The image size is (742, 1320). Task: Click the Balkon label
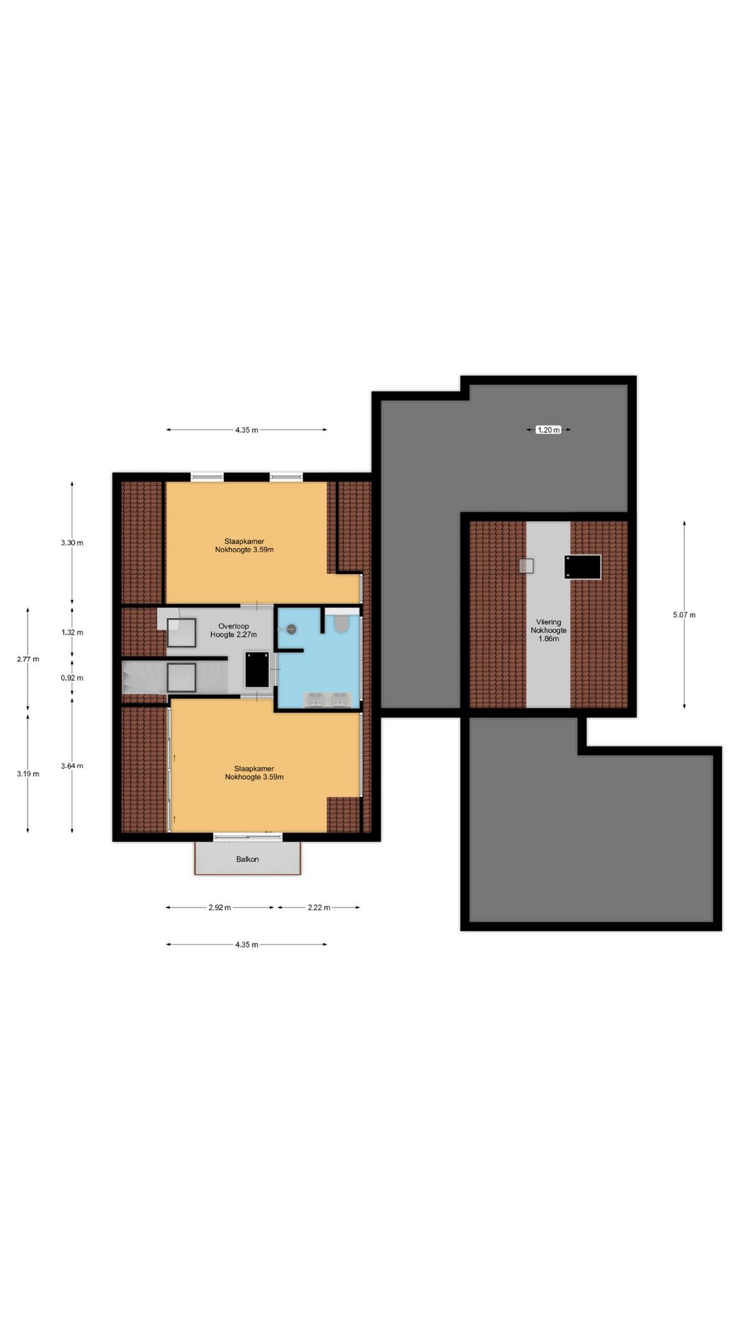coord(247,859)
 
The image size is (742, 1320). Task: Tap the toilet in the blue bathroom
coord(341,624)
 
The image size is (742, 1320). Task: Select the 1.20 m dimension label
coord(548,430)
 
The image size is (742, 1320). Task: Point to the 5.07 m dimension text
coord(684,615)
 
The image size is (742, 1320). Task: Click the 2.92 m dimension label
coord(220,907)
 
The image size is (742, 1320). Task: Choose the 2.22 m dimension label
coord(319,907)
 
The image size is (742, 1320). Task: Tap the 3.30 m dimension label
coord(72,542)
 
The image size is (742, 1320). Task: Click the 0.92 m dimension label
coord(72,678)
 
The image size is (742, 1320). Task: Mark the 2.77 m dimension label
coord(28,659)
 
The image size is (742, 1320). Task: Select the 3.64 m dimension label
coord(72,766)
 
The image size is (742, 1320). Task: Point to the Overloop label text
coord(234,626)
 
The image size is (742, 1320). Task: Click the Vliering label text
coord(549,622)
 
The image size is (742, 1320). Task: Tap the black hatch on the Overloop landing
coord(257,670)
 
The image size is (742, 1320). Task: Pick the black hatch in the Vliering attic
coord(583,567)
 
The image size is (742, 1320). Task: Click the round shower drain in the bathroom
coord(291,628)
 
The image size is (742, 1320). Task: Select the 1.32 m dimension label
coord(72,632)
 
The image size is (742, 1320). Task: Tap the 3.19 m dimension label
coord(28,774)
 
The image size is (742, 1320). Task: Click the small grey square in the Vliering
coord(526,566)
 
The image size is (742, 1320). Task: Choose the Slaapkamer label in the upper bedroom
coord(244,541)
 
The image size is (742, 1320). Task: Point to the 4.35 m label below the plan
coord(247,945)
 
